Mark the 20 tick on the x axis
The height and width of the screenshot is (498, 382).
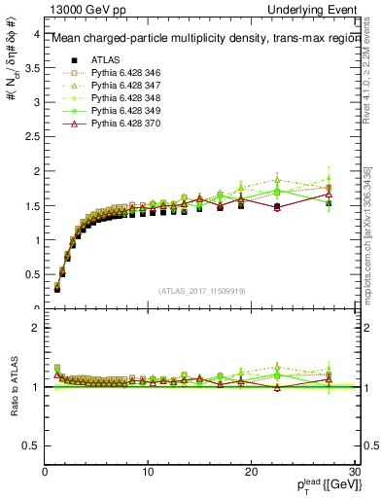[251, 473]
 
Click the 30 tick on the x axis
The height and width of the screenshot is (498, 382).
[354, 473]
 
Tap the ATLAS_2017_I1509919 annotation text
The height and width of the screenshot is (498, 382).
[200, 290]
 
